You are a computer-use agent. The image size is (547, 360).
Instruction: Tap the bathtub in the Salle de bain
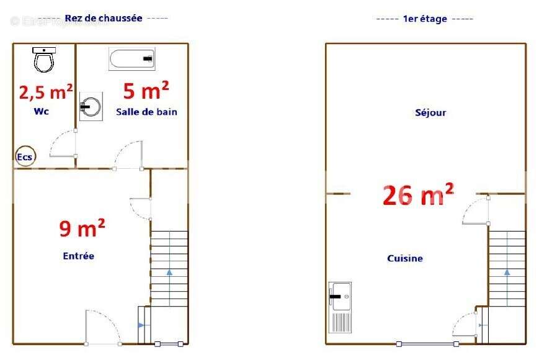pyautogui.click(x=132, y=59)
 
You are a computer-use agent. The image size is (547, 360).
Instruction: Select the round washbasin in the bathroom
pyautogui.click(x=91, y=106)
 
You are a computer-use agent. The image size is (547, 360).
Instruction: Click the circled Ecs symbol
pyautogui.click(x=25, y=157)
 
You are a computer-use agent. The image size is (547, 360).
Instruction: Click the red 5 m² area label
pyautogui.click(x=146, y=91)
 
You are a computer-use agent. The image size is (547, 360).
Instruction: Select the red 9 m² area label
pyautogui.click(x=82, y=228)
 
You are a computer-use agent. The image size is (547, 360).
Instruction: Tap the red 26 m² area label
pyautogui.click(x=418, y=194)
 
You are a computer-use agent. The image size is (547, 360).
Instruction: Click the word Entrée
pyautogui.click(x=79, y=256)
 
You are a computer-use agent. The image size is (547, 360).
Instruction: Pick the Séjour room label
pyautogui.click(x=430, y=113)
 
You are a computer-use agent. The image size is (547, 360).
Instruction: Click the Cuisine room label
pyautogui.click(x=405, y=258)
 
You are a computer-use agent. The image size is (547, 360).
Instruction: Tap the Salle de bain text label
pyautogui.click(x=146, y=112)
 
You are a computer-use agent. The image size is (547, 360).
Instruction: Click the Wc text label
pyautogui.click(x=42, y=112)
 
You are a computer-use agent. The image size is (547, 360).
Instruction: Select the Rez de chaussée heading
pyautogui.click(x=104, y=19)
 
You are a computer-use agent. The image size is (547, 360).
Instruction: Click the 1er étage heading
pyautogui.click(x=425, y=19)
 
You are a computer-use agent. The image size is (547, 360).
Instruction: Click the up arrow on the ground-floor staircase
pyautogui.click(x=169, y=272)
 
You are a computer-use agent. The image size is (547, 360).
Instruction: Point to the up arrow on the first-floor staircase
pyautogui.click(x=507, y=272)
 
